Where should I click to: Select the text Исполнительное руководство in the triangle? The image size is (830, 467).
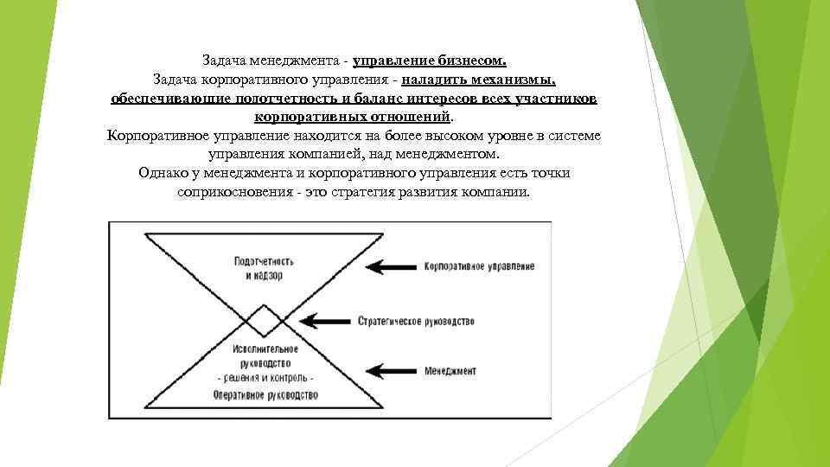tap(265, 355)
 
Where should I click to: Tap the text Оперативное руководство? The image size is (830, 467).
tap(265, 394)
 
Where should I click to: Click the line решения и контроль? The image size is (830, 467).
tap(265, 378)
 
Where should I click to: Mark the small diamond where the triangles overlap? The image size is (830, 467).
tap(265, 321)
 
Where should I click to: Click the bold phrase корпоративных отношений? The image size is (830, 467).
tap(353, 117)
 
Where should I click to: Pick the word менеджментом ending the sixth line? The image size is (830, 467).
tap(453, 154)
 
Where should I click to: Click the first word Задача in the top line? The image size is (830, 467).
tap(224, 61)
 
